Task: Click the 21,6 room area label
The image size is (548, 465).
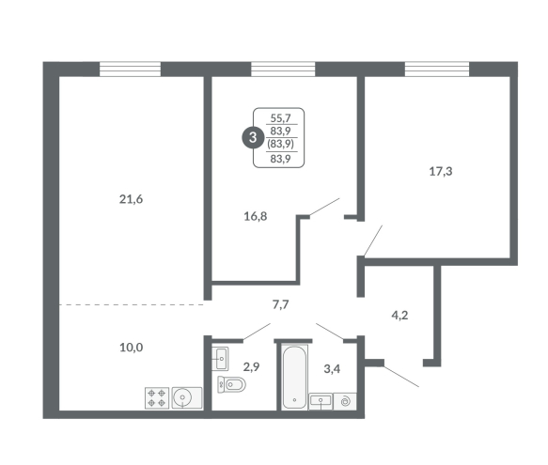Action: (131, 199)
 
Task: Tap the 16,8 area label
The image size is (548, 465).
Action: (256, 217)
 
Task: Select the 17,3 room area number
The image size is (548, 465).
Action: (441, 172)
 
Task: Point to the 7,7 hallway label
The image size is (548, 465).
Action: (281, 305)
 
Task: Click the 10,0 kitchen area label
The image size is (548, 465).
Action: (132, 348)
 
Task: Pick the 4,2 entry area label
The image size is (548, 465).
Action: (399, 316)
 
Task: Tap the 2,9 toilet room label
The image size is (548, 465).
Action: (252, 367)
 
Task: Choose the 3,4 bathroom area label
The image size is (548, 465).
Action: (332, 369)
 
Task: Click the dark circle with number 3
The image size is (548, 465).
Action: (253, 137)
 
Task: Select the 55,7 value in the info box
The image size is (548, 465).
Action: (281, 118)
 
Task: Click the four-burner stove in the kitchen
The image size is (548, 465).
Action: (157, 398)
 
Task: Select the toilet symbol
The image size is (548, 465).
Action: (231, 384)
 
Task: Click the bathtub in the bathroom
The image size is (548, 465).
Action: (294, 377)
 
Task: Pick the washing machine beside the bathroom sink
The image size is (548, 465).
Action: (345, 401)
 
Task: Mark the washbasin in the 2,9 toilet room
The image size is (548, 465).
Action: (220, 359)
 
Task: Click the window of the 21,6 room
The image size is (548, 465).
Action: (130, 70)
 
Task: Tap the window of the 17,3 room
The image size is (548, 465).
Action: (437, 70)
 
